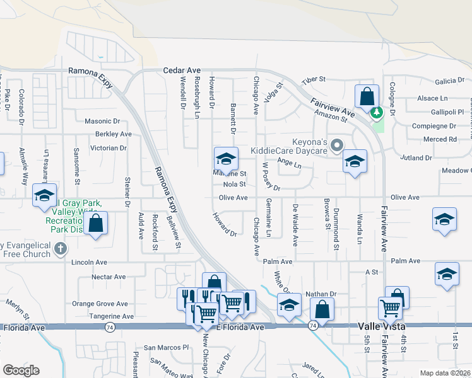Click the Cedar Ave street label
pos(182,71)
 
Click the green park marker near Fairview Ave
pos(377,113)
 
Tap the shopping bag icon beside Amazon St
pos(366,98)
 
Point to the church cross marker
pos(61,248)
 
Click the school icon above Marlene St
pos(225,158)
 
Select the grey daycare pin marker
pos(337,147)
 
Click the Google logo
pos(21,370)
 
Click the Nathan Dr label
pos(321,294)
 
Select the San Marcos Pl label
pos(167,347)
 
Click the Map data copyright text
pos(445,373)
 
